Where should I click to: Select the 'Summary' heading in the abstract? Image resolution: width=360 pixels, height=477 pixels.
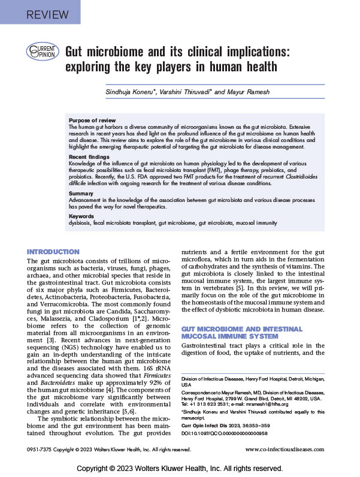click(81, 194)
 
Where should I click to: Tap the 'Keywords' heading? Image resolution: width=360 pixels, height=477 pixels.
click(82, 215)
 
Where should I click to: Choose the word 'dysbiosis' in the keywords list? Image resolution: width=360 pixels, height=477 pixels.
click(81, 222)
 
